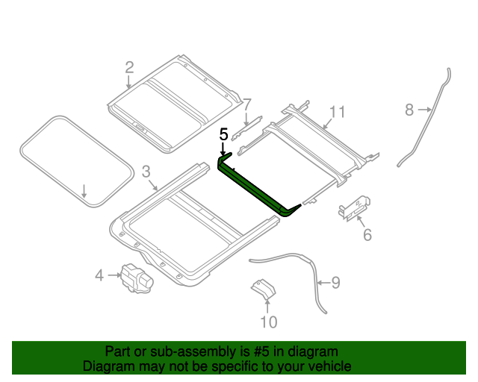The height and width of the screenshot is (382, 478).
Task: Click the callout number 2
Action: (129, 68)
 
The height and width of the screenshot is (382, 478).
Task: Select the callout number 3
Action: (146, 171)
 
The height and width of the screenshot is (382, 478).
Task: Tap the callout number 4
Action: (99, 276)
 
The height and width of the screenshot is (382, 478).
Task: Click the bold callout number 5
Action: (223, 135)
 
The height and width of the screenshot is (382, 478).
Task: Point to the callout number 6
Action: (367, 236)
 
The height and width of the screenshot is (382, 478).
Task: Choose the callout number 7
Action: (247, 104)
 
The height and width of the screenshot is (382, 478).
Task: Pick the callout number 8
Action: (409, 110)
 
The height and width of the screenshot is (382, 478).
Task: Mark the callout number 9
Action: (335, 283)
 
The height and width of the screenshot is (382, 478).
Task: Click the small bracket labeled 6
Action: (355, 207)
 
